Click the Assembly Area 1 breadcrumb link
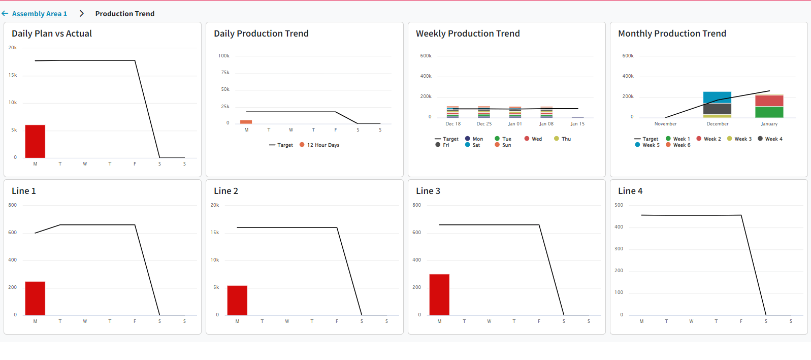(x=39, y=14)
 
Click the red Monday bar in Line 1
(x=35, y=298)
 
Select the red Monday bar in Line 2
(x=237, y=300)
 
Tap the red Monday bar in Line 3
(x=439, y=294)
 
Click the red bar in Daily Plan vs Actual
(x=35, y=141)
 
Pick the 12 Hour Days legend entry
(x=319, y=145)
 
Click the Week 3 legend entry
(x=739, y=139)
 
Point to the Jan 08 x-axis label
(x=546, y=124)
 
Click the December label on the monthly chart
(x=717, y=124)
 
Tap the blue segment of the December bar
(x=717, y=97)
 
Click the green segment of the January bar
(x=769, y=112)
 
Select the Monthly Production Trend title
(x=672, y=34)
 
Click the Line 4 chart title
(x=630, y=191)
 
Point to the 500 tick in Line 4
(x=619, y=205)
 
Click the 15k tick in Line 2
(x=215, y=233)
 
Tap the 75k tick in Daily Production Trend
(x=225, y=73)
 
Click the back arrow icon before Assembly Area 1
(x=5, y=14)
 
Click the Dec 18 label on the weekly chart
(x=453, y=124)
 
